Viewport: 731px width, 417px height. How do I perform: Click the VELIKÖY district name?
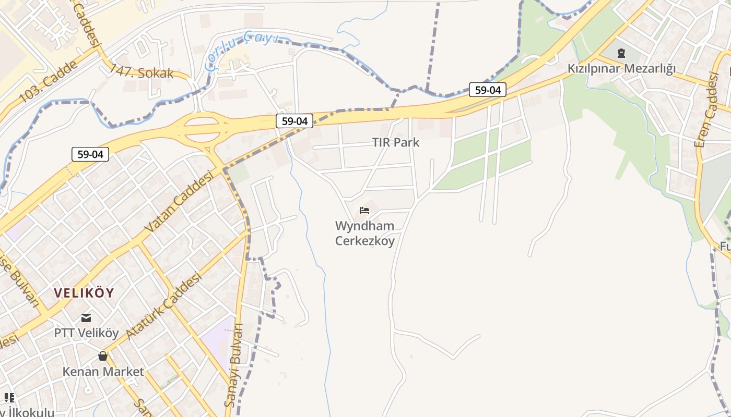coord(84,293)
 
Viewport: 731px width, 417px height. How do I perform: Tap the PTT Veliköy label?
coord(87,333)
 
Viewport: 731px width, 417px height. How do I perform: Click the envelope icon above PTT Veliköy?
coord(86,317)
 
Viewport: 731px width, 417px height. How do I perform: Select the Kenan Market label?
coord(103,372)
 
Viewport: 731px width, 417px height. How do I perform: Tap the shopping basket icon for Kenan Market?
coord(103,357)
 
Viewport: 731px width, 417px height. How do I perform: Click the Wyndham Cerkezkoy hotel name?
coord(364,233)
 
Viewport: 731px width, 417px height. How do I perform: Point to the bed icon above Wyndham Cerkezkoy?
coord(364,211)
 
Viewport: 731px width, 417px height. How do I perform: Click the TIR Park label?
coord(395,142)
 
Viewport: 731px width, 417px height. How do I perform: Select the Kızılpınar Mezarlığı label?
coord(621,68)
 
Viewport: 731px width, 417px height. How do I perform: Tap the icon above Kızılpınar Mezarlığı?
coord(621,53)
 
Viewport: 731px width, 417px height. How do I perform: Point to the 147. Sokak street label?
coord(141,72)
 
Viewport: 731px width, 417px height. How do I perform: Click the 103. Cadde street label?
coord(48,81)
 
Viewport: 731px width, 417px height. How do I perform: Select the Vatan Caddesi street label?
coord(179,202)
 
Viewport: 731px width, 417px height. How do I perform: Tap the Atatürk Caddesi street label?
coord(163,306)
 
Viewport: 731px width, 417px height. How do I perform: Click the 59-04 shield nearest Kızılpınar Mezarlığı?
coord(488,90)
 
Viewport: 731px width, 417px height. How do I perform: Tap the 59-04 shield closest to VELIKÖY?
coord(90,154)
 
